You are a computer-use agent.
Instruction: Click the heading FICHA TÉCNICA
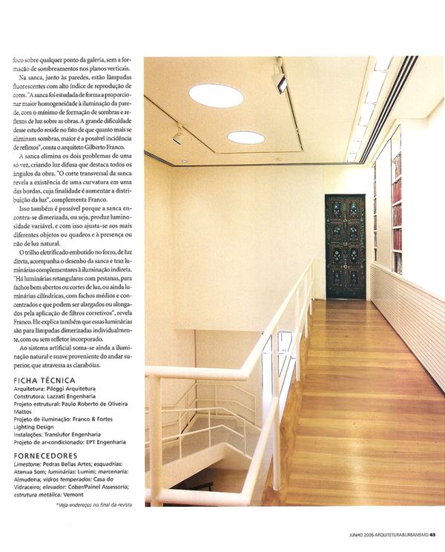click(x=45, y=381)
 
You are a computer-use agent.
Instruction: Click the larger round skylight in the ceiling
click(x=216, y=95)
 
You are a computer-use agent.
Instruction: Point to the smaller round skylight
click(x=245, y=137)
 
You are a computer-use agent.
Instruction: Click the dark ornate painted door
click(x=345, y=246)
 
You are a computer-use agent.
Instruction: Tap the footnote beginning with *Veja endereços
click(x=93, y=505)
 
